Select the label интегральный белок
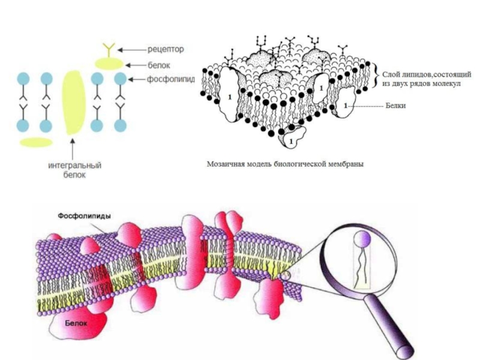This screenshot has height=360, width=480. (74, 170)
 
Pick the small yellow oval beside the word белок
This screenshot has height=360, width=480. (109, 62)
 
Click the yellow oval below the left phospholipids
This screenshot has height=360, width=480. (36, 142)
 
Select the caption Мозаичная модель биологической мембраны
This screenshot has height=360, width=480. (286, 163)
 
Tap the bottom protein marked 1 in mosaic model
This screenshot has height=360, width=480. (291, 140)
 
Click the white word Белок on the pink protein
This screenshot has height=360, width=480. (77, 323)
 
